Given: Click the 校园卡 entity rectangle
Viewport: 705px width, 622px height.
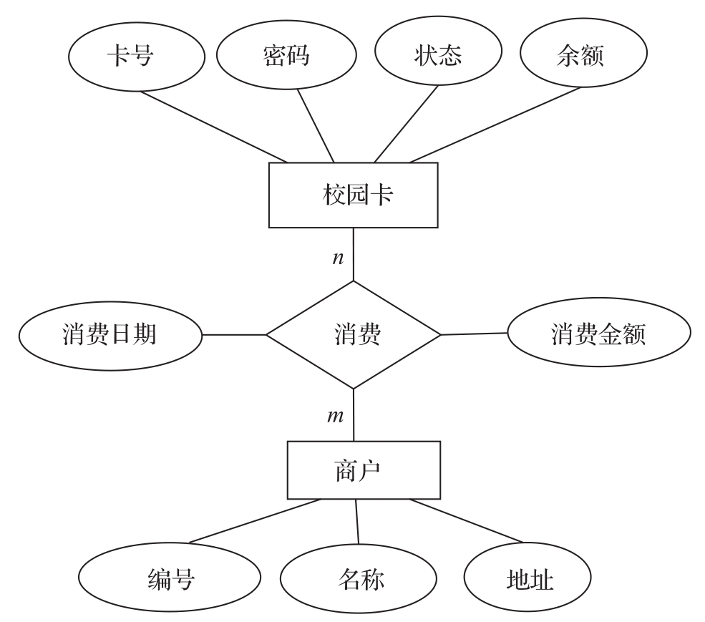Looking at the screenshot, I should coord(353,195).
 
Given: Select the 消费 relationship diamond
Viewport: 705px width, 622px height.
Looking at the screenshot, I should coord(354,334).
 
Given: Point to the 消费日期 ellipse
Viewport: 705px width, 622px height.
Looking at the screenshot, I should coord(110,334).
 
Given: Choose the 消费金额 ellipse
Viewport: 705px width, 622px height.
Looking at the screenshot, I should coord(598,333).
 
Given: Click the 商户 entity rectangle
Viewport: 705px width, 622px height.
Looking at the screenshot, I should coord(364,470).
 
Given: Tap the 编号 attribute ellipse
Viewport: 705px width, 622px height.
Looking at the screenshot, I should coord(170,579).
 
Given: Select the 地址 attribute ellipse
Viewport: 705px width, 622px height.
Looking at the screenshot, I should coord(528,579).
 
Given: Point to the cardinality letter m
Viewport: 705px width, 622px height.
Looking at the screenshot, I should coord(335,416).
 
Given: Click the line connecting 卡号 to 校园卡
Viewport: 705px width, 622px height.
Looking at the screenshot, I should coord(215,127).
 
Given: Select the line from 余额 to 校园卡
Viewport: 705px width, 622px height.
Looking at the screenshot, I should coord(494,125).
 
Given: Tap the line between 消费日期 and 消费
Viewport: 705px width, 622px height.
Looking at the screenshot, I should coord(233,334).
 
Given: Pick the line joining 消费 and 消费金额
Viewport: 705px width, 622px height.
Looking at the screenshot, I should coord(474,334).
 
